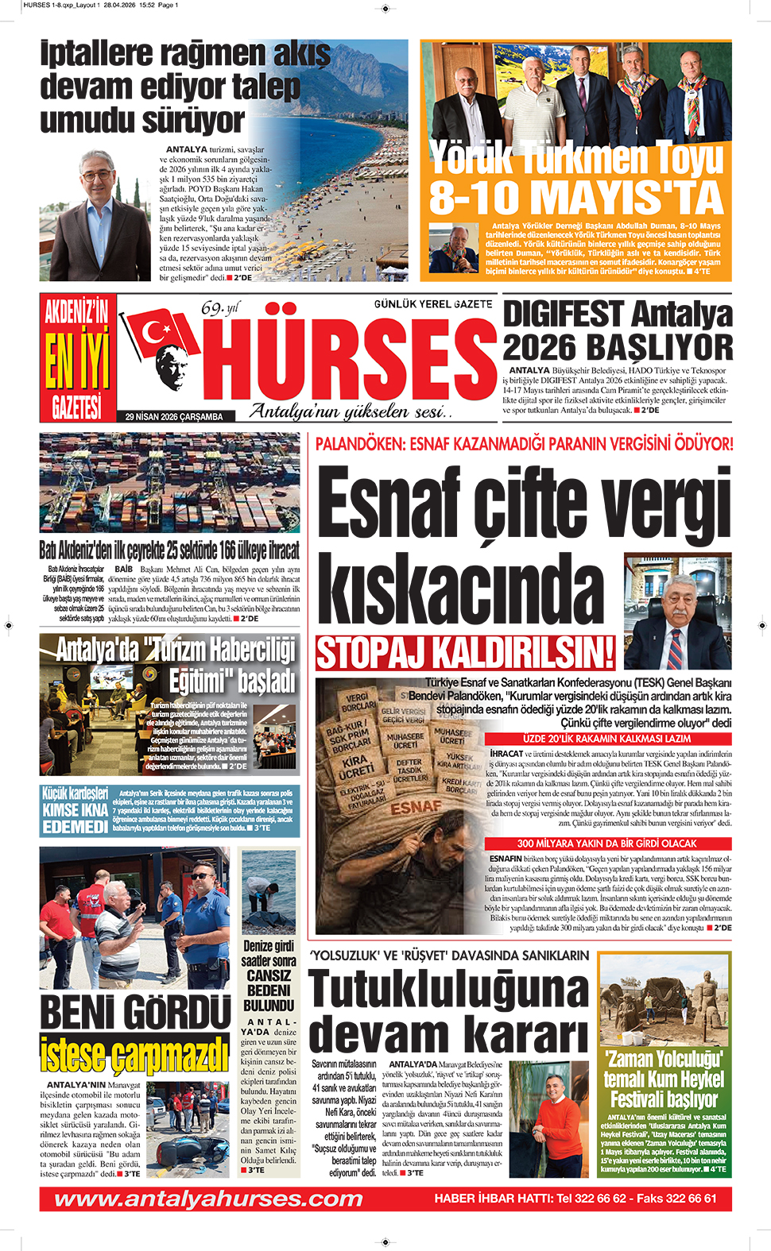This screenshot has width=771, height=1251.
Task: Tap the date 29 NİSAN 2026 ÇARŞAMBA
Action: pos(174,416)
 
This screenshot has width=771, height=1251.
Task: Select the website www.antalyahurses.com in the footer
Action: pos(208,1199)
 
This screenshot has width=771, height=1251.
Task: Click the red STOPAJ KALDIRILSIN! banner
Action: pos(465,653)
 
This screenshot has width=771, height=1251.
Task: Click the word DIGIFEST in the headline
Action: pos(563,314)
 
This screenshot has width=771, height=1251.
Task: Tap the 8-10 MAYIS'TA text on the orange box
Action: pos(575,197)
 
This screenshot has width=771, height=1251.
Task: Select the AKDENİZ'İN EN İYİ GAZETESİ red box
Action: pos(76,358)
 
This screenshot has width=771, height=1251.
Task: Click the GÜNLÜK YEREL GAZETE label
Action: pos(433,304)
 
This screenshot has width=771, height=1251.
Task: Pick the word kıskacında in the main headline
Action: pos(461,589)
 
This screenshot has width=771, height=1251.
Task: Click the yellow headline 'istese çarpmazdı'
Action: pos(135,1054)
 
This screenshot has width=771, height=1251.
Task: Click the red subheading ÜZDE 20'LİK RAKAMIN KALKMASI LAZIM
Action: pos(607,739)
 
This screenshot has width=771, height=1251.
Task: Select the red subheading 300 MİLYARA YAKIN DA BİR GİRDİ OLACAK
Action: pos(607,844)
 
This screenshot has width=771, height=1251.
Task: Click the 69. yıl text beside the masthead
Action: pos(219,308)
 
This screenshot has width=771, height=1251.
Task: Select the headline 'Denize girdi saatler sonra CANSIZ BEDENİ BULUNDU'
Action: pos(269,976)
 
